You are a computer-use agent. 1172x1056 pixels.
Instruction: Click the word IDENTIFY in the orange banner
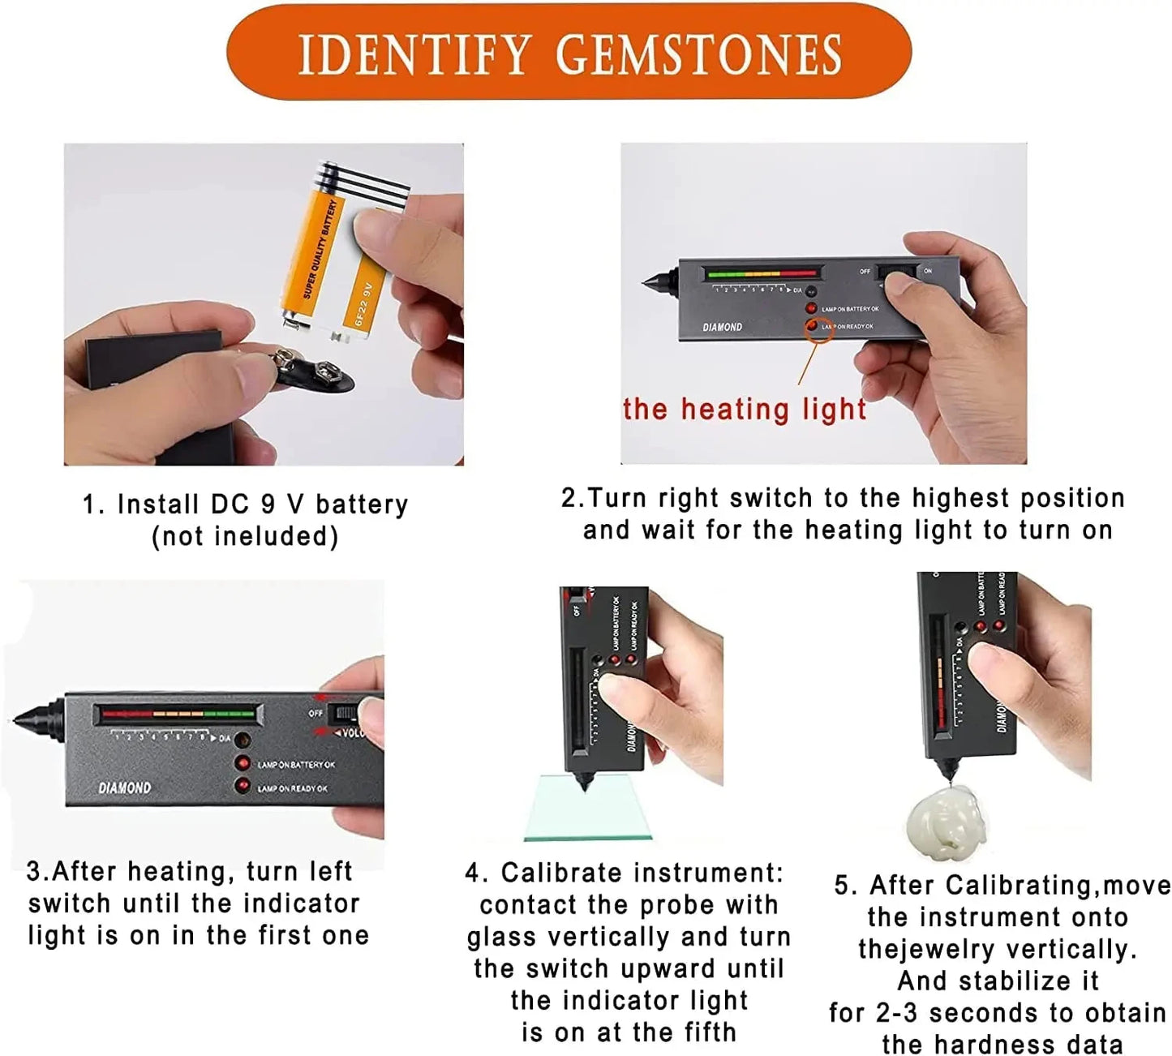(x=414, y=55)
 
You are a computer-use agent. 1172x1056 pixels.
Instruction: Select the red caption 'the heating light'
(x=745, y=410)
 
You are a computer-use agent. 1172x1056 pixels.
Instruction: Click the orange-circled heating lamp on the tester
(x=812, y=326)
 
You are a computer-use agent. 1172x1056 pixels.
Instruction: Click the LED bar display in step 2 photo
(x=762, y=273)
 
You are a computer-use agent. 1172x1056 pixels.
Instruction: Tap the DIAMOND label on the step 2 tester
(x=722, y=328)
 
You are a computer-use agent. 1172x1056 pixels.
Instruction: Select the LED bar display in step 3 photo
(x=178, y=715)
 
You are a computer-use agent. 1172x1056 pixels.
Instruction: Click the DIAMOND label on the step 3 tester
(x=124, y=788)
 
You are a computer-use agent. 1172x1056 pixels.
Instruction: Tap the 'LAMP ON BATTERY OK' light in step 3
(x=243, y=763)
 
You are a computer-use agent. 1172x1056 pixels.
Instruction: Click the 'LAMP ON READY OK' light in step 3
(x=243, y=786)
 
